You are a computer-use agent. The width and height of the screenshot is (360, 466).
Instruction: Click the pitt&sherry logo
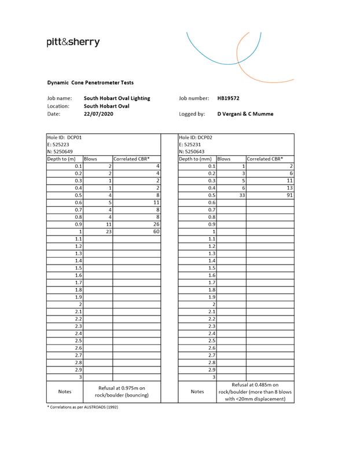click(73, 42)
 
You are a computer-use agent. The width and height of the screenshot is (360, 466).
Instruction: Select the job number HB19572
click(229, 98)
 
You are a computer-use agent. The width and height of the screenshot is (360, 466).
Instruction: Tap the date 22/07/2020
click(99, 114)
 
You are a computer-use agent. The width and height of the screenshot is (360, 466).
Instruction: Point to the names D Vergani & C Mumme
click(245, 114)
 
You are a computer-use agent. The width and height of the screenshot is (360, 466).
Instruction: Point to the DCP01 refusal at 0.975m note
click(122, 391)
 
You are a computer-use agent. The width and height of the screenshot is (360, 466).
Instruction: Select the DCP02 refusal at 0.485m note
click(255, 391)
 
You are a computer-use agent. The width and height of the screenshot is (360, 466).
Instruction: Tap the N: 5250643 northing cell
click(192, 152)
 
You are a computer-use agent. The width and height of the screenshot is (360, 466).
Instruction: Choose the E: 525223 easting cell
click(58, 144)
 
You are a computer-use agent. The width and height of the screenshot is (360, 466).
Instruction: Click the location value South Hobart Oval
click(106, 106)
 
